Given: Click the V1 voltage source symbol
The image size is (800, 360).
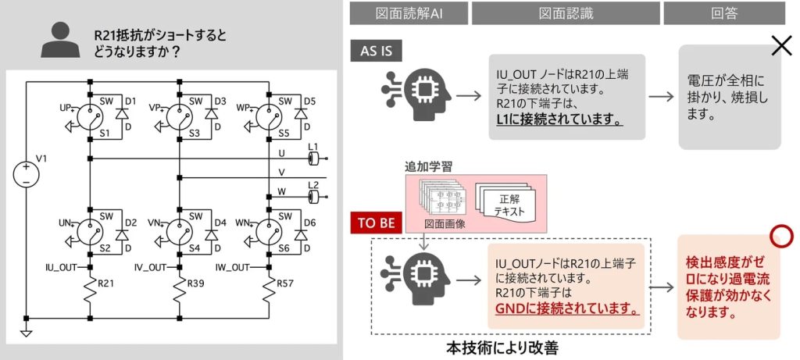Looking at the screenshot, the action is (x=26, y=174).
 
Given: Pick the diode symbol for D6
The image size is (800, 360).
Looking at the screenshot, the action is (x=301, y=234).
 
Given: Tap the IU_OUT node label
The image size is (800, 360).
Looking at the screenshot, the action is (x=60, y=267).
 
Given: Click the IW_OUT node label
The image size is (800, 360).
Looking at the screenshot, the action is (x=233, y=267).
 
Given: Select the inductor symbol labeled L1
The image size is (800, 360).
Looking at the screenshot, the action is (x=314, y=159).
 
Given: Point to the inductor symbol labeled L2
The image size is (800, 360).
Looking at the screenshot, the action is (x=314, y=196).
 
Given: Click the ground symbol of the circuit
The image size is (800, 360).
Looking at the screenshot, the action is (x=26, y=333).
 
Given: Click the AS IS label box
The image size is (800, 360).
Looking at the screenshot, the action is (x=377, y=51).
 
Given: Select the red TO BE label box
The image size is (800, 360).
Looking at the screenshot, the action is (x=377, y=223).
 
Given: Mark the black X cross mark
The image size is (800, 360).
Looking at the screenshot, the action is (x=781, y=46).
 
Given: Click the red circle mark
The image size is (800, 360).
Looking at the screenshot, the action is (x=781, y=236).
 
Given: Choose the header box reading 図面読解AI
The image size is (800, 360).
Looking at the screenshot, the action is (x=409, y=13).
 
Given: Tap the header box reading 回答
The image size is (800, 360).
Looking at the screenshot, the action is (x=724, y=13).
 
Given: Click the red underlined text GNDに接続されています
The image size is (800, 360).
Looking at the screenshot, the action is (x=566, y=309).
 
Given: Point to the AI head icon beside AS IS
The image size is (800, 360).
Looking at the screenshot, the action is (x=416, y=94).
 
